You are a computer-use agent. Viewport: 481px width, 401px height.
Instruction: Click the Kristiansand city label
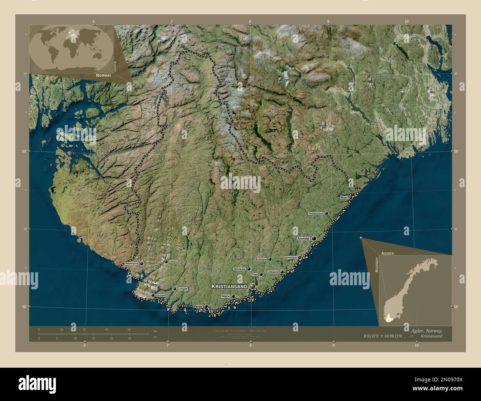[229, 286]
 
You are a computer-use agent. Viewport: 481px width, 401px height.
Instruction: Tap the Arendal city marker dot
[314, 239]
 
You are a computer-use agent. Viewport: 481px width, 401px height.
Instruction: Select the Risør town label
[344, 198]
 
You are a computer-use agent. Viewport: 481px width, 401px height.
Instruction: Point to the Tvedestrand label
[316, 213]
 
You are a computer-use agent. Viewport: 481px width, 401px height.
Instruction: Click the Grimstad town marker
[299, 257]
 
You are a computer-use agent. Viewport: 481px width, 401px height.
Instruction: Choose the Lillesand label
[273, 272]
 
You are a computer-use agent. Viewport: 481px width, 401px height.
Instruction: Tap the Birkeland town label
[261, 259]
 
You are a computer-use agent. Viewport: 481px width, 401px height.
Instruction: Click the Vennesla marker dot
[249, 269]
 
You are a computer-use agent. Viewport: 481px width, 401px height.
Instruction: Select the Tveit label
[255, 274]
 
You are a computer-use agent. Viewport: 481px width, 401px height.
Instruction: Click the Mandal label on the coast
[198, 306]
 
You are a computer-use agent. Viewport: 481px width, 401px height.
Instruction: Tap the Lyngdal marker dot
[175, 289]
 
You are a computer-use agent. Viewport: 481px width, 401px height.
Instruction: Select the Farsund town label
[161, 295]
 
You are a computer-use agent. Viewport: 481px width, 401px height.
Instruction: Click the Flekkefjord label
[131, 263]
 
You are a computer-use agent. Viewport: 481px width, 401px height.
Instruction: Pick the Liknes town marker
[166, 262]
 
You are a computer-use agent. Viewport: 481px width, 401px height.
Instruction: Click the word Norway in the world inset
[103, 75]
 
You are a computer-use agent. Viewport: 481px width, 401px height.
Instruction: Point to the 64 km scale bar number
[129, 329]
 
